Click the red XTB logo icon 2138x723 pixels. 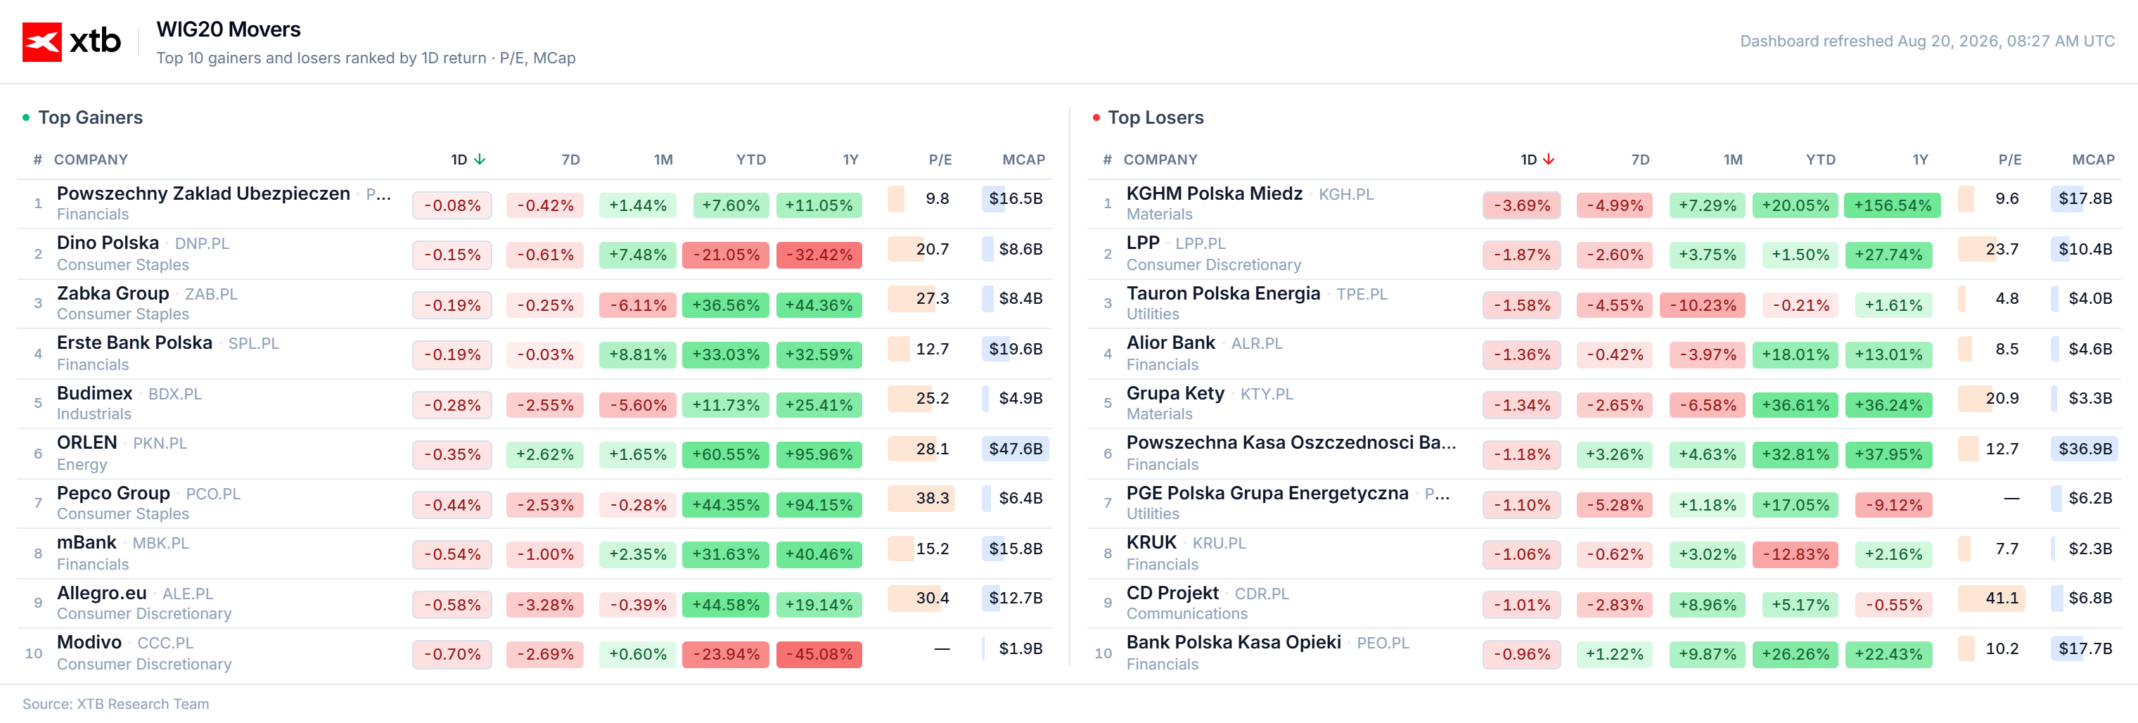pyautogui.click(x=42, y=41)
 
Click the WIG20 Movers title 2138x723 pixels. pyautogui.click(x=229, y=29)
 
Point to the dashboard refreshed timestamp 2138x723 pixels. pyautogui.click(x=1927, y=41)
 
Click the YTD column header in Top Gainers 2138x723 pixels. pyautogui.click(x=750, y=160)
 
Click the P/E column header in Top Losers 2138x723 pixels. pyautogui.click(x=2009, y=160)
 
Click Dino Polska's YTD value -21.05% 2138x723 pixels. pyautogui.click(x=725, y=255)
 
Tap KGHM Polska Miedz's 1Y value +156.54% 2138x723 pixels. pyautogui.click(x=1893, y=205)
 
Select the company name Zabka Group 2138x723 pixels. pyautogui.click(x=113, y=293)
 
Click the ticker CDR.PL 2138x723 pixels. pyautogui.click(x=1262, y=594)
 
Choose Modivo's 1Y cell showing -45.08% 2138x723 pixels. pyautogui.click(x=819, y=654)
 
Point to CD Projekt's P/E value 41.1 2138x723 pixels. pyautogui.click(x=2001, y=598)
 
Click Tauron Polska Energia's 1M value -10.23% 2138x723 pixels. pyautogui.click(x=1702, y=305)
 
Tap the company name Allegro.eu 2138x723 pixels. pyautogui.click(x=101, y=593)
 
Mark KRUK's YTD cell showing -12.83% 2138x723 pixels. pyautogui.click(x=1795, y=554)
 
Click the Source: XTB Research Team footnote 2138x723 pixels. pyautogui.click(x=115, y=704)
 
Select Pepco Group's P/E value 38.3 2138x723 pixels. pyautogui.click(x=932, y=498)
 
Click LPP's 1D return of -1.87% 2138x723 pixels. pyautogui.click(x=1521, y=255)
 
